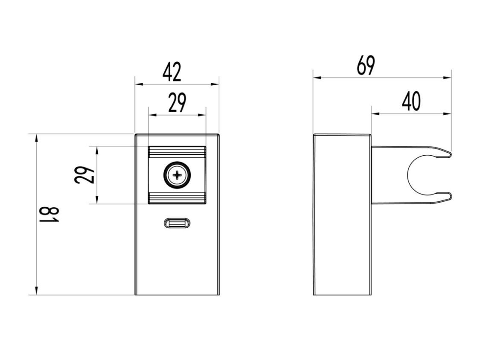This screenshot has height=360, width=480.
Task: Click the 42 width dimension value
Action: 172,72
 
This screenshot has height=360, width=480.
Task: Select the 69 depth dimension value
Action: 366,65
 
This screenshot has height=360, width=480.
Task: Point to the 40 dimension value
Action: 411,102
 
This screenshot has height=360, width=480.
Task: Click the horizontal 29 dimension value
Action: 177,103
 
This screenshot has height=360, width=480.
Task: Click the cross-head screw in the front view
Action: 177,175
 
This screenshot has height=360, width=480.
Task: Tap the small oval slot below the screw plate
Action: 177,223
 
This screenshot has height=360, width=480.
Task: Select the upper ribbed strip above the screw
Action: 177,152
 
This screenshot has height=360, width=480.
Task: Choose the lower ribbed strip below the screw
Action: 177,198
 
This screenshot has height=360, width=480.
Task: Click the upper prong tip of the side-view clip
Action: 450,154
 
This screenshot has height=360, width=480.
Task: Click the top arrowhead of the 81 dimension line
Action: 36,138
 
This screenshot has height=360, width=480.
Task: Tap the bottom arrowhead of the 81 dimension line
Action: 36,290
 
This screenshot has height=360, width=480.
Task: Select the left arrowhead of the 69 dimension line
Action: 317,78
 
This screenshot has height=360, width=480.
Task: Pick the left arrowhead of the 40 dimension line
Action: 375,114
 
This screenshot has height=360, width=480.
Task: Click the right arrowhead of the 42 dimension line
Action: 215,84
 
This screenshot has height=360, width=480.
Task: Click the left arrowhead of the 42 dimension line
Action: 139,84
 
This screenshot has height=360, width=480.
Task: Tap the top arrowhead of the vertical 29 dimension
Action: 97,151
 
